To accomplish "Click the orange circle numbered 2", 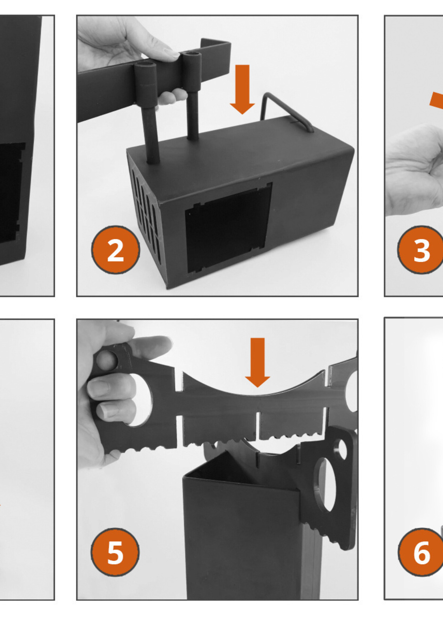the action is tap(115, 250).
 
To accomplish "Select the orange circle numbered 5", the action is tap(115, 552).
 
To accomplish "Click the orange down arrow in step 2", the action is tap(242, 90).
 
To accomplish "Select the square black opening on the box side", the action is tap(228, 228).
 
